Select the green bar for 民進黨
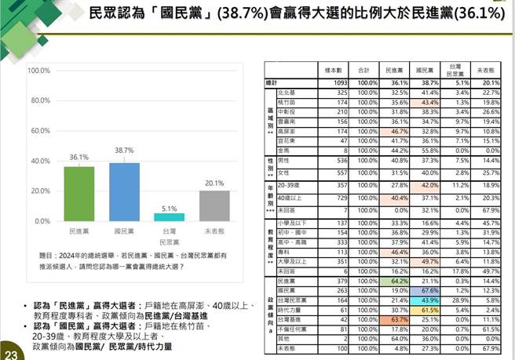(x=79, y=194)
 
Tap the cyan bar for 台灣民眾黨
(x=169, y=217)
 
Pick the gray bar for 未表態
(x=214, y=205)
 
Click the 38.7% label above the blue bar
(x=124, y=150)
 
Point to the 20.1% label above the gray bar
(x=214, y=184)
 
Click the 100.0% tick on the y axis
(x=39, y=71)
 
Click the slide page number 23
(x=9, y=347)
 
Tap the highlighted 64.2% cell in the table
(x=397, y=281)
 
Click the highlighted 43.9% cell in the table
(x=429, y=300)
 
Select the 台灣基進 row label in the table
(x=291, y=319)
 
